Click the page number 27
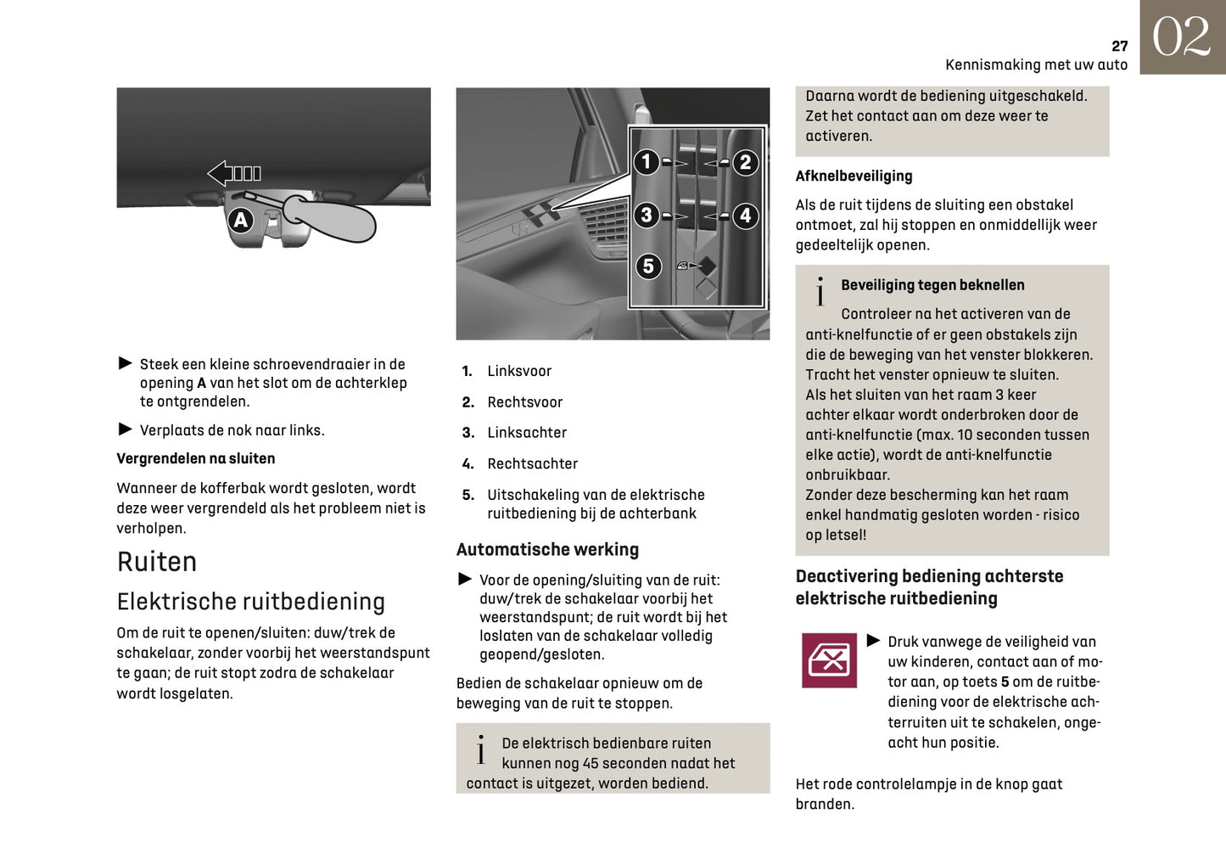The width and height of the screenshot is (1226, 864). click(1119, 46)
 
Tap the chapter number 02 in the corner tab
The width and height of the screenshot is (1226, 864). click(1181, 37)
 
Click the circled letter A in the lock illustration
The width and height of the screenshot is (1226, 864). click(241, 221)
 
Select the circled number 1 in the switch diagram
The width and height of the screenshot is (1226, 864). click(647, 161)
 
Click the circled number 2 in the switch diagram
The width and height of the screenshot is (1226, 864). click(745, 162)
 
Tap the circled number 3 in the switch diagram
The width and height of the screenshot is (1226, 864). click(647, 216)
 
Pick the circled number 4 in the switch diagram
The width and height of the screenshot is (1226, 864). click(745, 216)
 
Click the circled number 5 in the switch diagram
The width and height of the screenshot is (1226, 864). click(648, 266)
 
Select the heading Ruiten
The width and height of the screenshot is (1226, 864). click(157, 562)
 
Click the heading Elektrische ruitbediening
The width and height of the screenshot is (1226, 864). click(250, 602)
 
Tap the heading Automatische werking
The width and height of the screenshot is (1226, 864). click(547, 550)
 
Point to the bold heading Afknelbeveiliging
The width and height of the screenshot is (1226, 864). click(854, 177)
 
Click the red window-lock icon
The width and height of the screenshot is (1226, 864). click(829, 659)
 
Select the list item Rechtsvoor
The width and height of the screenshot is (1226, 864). click(524, 402)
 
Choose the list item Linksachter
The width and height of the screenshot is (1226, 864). click(526, 433)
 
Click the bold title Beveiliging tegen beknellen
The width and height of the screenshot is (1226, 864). click(932, 285)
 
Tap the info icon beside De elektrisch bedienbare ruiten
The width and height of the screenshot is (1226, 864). click(481, 750)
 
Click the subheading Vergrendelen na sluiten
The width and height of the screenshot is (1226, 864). click(196, 459)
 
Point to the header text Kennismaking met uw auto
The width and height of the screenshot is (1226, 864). click(1036, 65)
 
